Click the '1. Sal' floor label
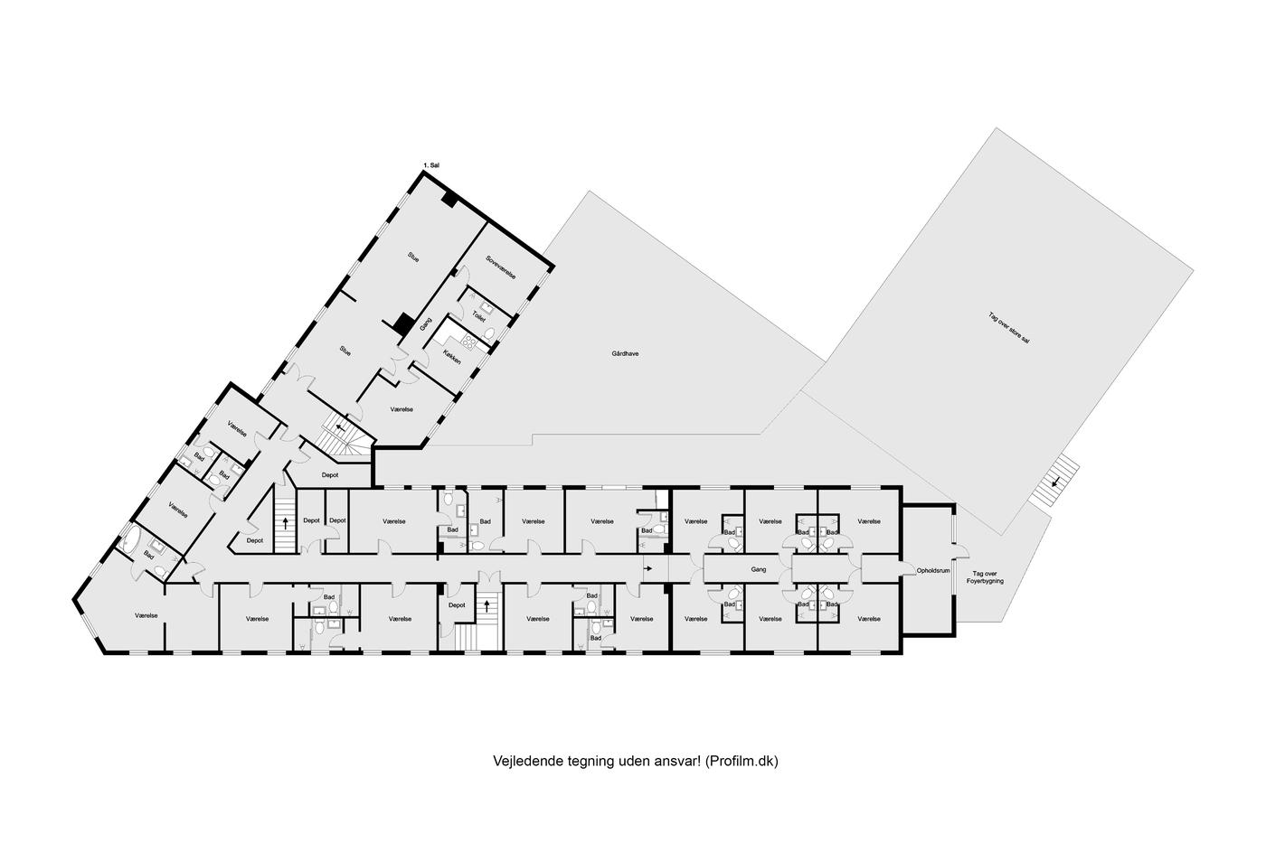431,165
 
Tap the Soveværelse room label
501,267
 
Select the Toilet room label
478,316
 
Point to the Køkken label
452,358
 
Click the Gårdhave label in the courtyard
625,354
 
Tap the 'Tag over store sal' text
1009,328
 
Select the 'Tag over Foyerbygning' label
985,577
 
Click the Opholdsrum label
933,571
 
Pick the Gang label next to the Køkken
425,324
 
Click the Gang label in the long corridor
759,570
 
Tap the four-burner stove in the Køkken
469,341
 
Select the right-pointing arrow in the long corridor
648,568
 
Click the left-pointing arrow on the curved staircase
340,427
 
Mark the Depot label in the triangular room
255,540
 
